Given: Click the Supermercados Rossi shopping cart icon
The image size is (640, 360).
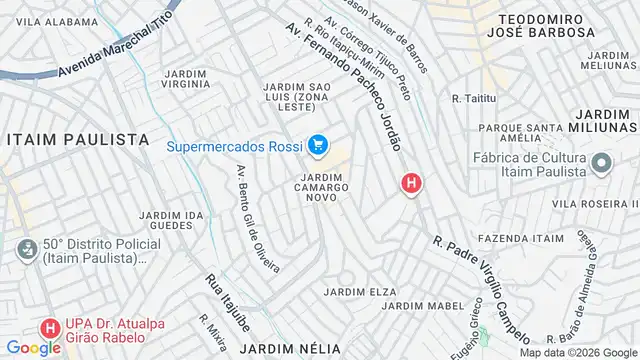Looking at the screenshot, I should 319,147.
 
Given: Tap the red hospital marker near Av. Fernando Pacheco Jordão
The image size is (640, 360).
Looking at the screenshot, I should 410,183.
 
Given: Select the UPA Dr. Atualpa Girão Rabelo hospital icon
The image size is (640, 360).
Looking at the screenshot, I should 47,326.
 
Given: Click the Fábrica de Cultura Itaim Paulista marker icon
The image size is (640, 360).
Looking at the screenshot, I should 601,163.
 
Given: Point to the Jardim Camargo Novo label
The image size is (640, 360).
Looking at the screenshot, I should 323,187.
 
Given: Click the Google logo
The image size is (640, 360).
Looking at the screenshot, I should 32,348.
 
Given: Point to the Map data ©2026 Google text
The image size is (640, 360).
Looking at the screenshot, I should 577,352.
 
